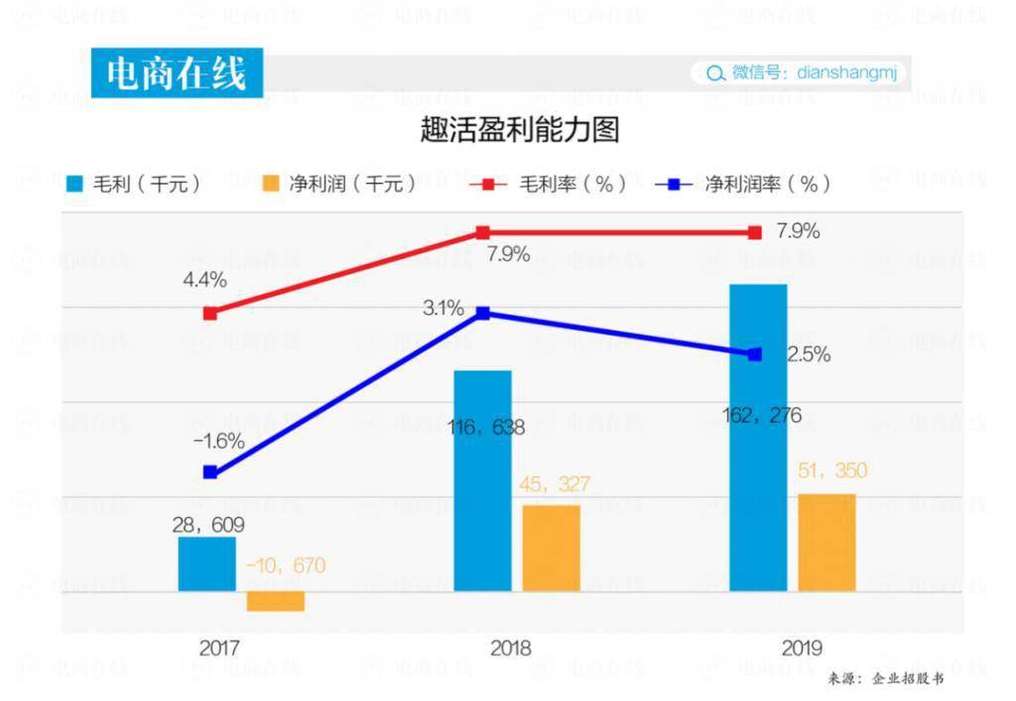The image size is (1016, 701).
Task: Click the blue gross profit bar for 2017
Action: pos(206,564)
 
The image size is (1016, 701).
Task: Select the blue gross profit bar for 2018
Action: pos(482,482)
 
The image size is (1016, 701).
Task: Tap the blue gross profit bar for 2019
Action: pos(758,438)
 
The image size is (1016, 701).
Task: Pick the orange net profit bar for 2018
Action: pos(551,548)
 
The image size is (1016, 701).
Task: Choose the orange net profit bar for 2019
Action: pos(826,542)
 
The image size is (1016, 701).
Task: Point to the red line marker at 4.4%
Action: pos(210,313)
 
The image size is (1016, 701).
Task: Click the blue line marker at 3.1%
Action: pos(483,313)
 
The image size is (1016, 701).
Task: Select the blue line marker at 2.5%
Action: pos(755,353)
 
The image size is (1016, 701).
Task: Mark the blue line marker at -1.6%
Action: pos(210,472)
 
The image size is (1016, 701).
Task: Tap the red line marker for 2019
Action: pos(755,232)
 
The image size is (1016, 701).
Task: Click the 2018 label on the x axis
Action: pos(510,648)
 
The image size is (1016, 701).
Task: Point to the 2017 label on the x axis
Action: pos(219,648)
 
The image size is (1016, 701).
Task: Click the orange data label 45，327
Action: pos(555,485)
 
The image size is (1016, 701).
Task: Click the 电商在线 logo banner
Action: pos(177,73)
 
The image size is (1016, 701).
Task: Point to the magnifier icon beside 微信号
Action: pos(714,73)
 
